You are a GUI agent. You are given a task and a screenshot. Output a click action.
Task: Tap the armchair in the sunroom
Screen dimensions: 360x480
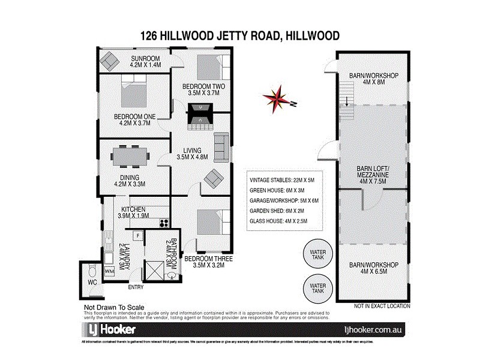[110, 60]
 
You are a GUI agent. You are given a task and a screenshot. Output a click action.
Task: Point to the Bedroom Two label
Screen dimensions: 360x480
[203, 90]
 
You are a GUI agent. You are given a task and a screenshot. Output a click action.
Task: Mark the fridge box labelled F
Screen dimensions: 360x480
[137, 235]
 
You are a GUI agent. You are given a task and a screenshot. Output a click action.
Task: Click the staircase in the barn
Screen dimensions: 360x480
[346, 95]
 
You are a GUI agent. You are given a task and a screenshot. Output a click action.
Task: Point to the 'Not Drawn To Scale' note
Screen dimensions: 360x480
[111, 308]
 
